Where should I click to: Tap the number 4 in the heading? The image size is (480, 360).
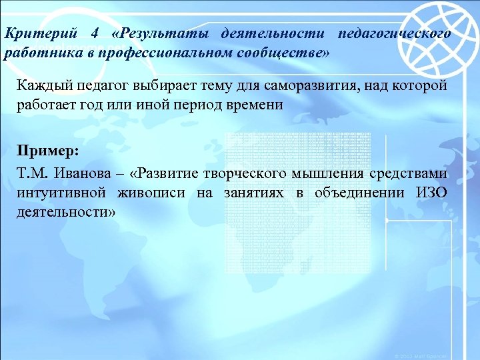coord(93,33)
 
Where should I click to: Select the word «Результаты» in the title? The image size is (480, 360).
coord(164,33)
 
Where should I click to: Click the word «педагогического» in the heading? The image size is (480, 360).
coord(394,33)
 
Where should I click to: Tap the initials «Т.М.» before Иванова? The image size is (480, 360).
coord(33,174)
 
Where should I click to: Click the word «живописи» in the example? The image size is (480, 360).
coord(147,193)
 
